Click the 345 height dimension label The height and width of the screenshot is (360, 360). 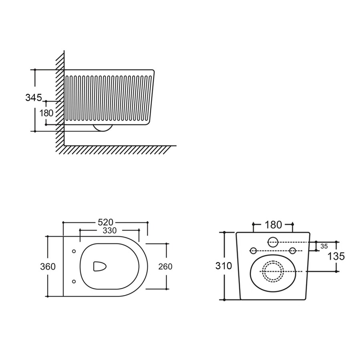34,97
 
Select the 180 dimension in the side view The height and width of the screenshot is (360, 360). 46,113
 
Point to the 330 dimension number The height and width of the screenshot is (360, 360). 110,230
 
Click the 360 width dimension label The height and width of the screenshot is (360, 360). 48,266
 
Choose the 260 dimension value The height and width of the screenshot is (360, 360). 165,266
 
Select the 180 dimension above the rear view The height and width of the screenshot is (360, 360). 273,225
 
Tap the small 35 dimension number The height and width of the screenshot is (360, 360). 324,246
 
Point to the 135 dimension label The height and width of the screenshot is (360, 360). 336,256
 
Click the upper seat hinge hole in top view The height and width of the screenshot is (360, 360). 74,251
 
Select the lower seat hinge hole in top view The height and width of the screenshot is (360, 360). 74,281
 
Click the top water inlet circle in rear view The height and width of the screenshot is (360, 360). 273,242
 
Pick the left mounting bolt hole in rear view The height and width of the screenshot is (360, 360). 253,250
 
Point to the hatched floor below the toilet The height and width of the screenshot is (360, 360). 120,150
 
